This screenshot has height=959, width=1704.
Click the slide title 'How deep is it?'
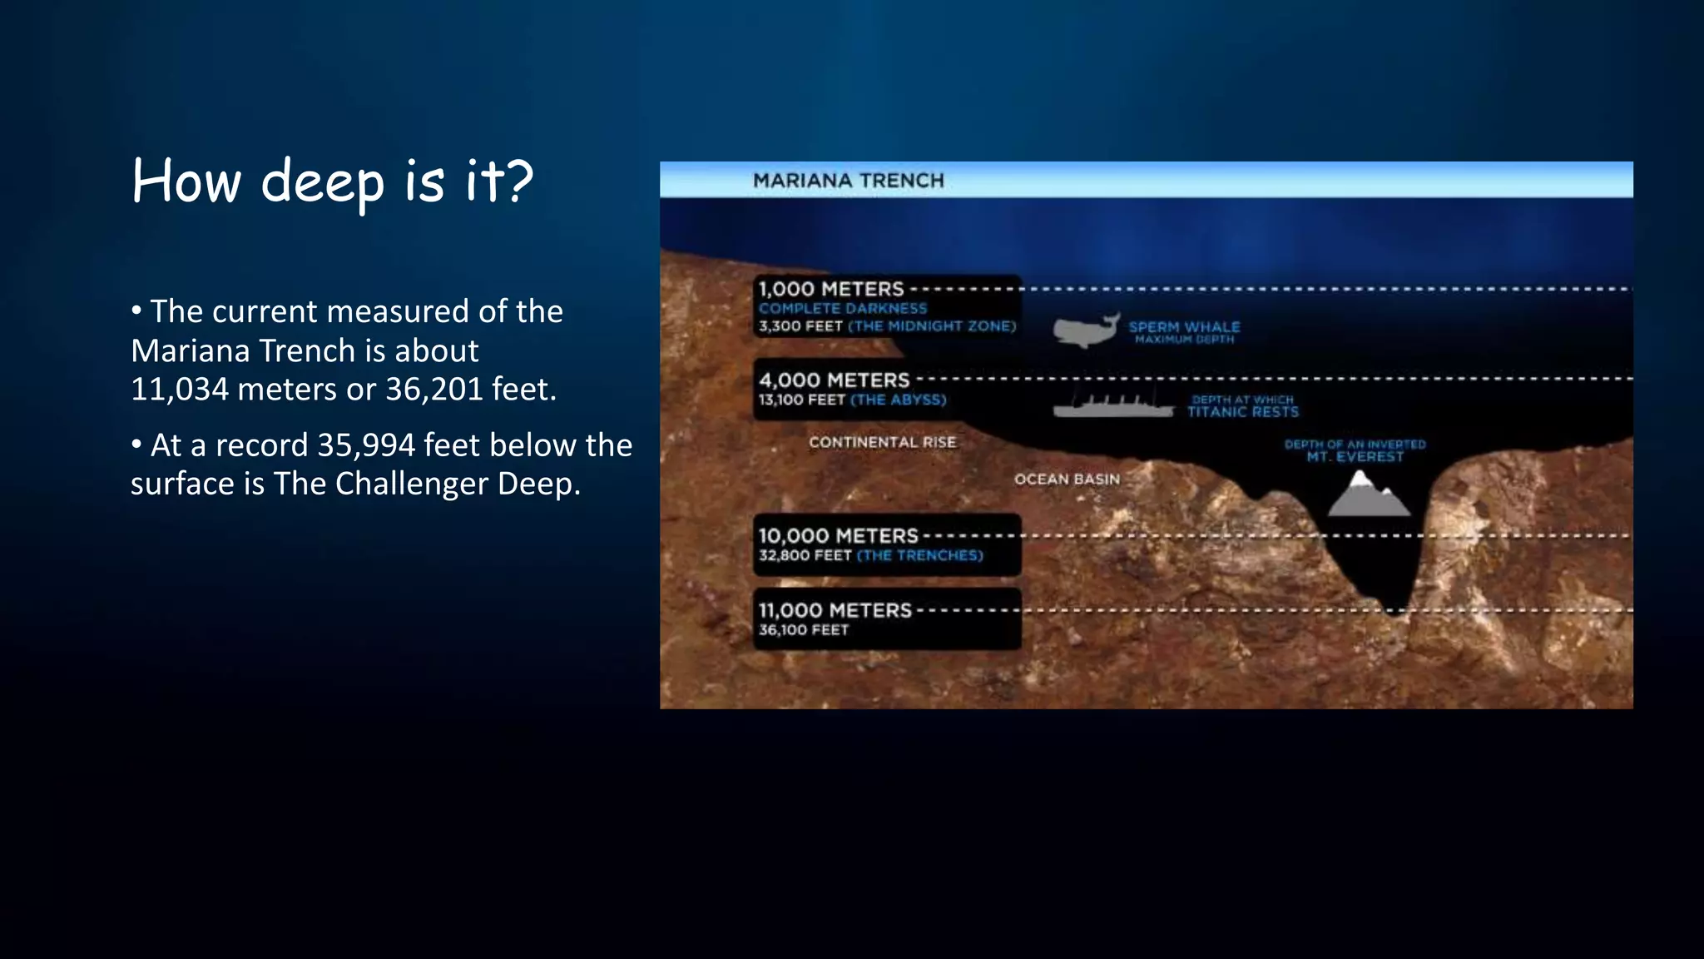[332, 181]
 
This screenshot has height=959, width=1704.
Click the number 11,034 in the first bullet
[180, 390]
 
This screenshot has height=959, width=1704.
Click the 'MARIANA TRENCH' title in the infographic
[848, 181]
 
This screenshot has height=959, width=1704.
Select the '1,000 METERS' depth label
[830, 289]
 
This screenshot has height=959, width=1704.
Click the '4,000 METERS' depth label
[834, 380]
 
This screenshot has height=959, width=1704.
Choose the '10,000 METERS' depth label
[838, 535]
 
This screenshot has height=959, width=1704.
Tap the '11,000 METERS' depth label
[835, 610]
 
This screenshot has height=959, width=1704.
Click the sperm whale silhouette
[1083, 330]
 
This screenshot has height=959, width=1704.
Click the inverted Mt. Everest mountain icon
[1367, 495]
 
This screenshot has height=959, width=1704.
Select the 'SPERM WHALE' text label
[1184, 327]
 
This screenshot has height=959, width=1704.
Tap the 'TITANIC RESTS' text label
[1242, 412]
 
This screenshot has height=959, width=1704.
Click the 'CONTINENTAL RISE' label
[882, 442]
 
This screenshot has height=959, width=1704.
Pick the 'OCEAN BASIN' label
[1067, 479]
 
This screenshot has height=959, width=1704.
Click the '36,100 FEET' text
[803, 630]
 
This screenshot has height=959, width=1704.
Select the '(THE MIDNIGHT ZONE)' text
[932, 326]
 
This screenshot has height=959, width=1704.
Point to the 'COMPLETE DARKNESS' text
[842, 308]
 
